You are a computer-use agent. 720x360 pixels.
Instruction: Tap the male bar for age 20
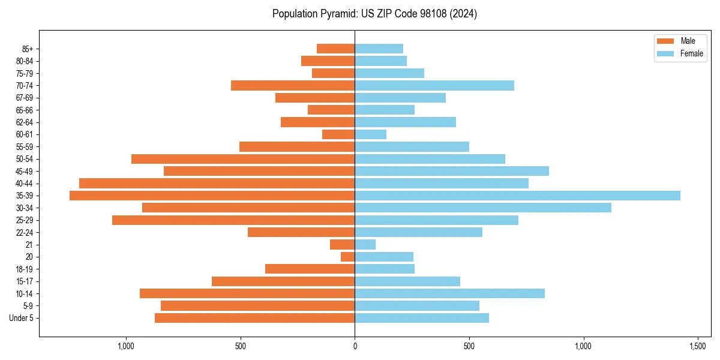pos(348,257)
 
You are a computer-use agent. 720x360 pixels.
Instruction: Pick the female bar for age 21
pos(365,245)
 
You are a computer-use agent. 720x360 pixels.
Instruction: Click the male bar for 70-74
pos(293,86)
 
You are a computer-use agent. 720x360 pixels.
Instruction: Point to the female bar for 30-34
pos(483,208)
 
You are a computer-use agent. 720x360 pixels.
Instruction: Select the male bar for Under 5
pos(254,318)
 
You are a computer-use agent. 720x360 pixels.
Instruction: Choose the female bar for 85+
pos(379,49)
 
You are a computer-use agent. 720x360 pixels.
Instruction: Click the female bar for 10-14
pos(449,293)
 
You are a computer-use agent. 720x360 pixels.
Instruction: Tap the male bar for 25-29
pos(233,220)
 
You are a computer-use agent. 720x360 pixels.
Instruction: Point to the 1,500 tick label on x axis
pos(697,347)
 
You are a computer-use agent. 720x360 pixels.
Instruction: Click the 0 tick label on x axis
pos(355,347)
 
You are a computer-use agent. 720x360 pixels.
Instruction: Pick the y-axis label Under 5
pos(22,318)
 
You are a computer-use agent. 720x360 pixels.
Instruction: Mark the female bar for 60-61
pos(370,134)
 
